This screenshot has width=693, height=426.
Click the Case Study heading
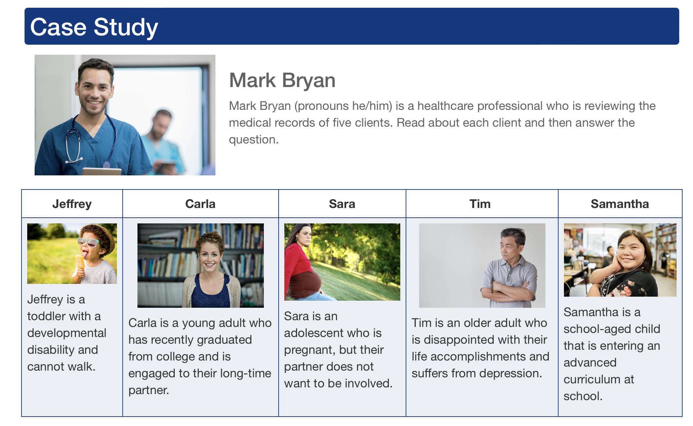coord(94,27)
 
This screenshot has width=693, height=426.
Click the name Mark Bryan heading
coord(282,80)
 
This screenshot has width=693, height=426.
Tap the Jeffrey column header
coord(72,204)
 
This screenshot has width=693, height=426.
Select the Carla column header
coord(200,204)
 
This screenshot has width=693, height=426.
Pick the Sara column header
coord(342,204)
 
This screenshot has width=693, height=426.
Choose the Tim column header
coord(480,204)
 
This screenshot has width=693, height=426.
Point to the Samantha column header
coord(620,204)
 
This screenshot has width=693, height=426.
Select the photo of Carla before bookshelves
coord(200,265)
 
